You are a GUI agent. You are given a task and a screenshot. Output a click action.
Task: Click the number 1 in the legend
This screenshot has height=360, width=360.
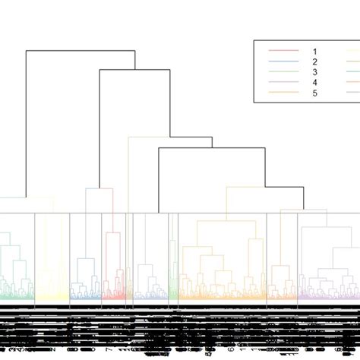(x=313, y=51)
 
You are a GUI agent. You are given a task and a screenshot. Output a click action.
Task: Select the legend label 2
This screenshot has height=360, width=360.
(x=313, y=61)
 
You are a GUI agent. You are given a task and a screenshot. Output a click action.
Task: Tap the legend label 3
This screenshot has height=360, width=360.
(x=313, y=71)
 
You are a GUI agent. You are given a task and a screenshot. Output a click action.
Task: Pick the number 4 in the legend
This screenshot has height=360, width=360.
(x=313, y=82)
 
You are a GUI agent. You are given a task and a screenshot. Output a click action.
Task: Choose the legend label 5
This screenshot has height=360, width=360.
(x=313, y=93)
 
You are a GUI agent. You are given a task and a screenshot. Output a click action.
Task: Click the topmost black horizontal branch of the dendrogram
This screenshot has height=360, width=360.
(x=81, y=51)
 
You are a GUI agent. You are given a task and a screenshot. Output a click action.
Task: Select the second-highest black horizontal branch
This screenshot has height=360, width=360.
(x=134, y=70)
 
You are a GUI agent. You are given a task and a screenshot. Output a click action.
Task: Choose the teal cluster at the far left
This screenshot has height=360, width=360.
(x=15, y=281)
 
